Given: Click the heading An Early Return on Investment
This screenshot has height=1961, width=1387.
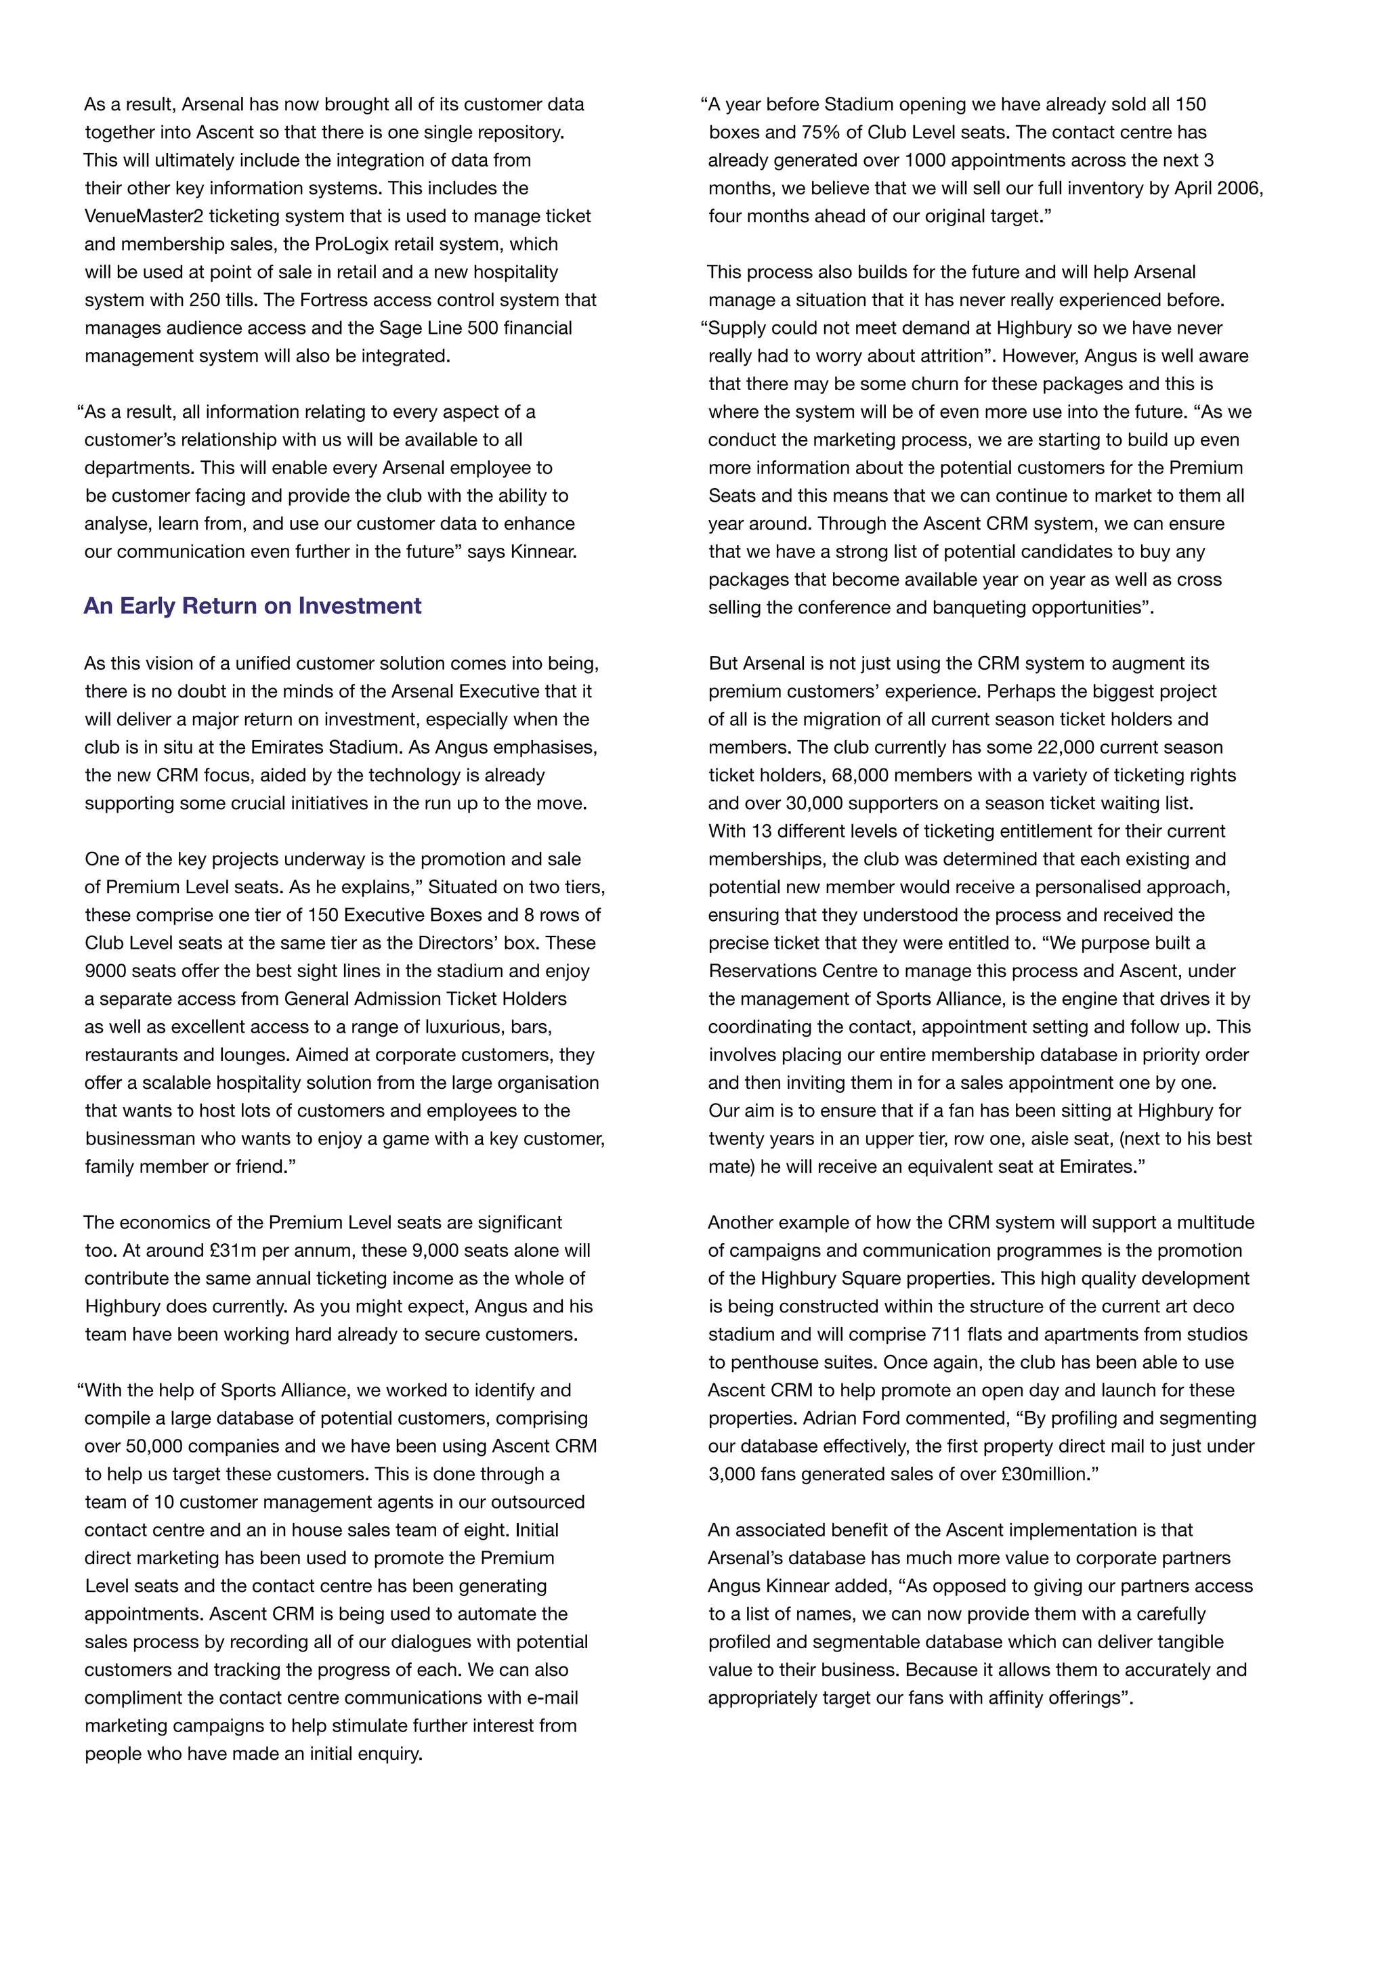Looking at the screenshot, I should pos(252,607).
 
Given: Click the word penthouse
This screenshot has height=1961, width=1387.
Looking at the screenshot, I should pos(772,1363).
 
